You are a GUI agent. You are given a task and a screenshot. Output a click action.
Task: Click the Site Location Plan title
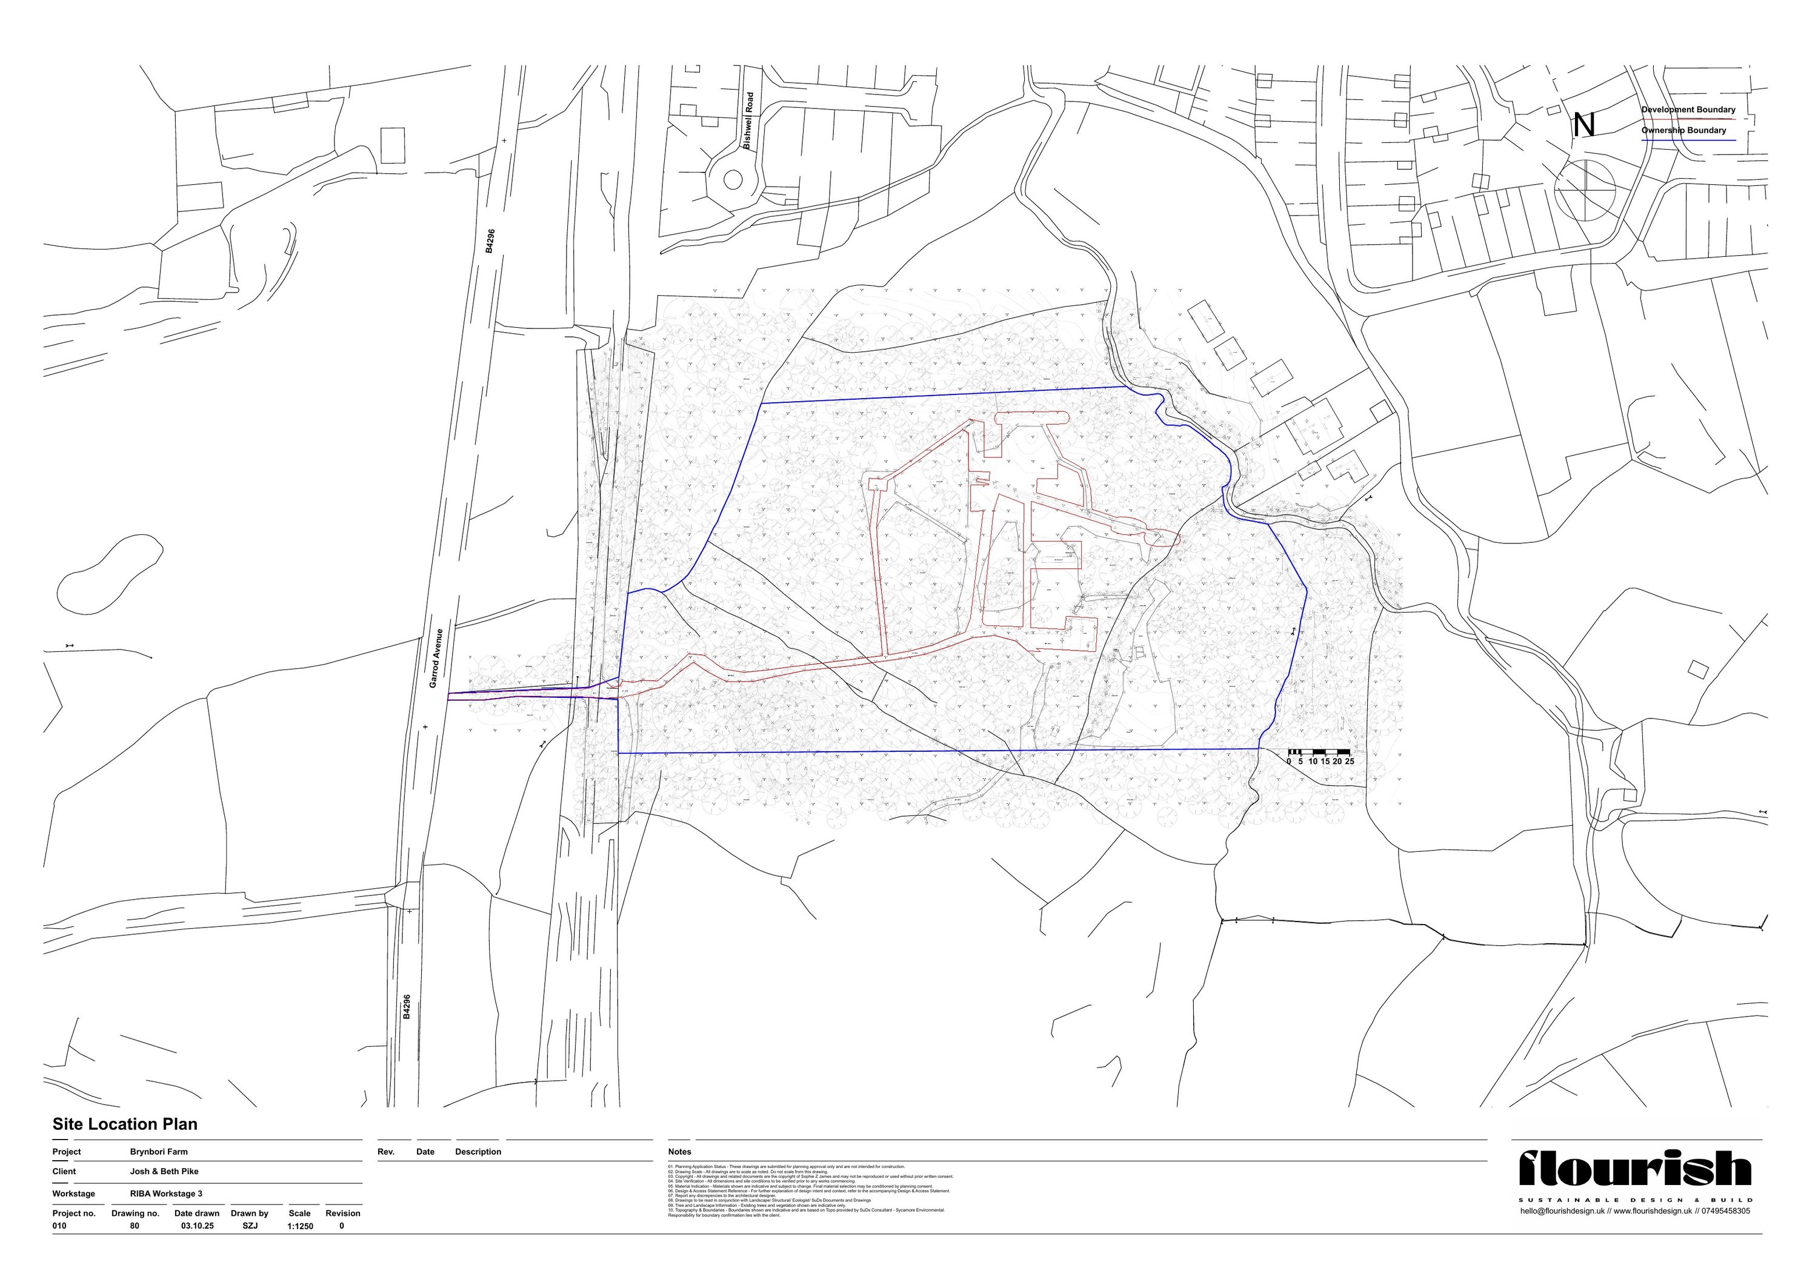(125, 1124)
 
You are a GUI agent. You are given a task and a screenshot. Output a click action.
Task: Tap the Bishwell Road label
(749, 121)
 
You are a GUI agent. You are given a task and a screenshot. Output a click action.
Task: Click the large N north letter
(1583, 125)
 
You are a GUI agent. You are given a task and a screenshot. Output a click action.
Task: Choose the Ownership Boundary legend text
(1683, 131)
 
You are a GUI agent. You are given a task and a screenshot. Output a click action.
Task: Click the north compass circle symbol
(1585, 190)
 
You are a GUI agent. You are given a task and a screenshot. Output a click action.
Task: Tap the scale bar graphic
(1319, 751)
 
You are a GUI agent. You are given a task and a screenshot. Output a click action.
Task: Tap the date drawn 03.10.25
(197, 1226)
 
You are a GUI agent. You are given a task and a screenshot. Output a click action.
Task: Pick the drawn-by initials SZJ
(250, 1226)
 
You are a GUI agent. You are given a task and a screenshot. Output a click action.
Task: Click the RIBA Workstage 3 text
(166, 1194)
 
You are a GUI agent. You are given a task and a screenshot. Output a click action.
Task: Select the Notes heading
(679, 1152)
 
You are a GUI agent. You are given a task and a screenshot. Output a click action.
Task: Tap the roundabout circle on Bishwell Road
(733, 180)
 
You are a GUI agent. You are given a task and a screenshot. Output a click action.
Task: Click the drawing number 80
(135, 1226)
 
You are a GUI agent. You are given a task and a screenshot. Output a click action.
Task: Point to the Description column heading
(478, 1152)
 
